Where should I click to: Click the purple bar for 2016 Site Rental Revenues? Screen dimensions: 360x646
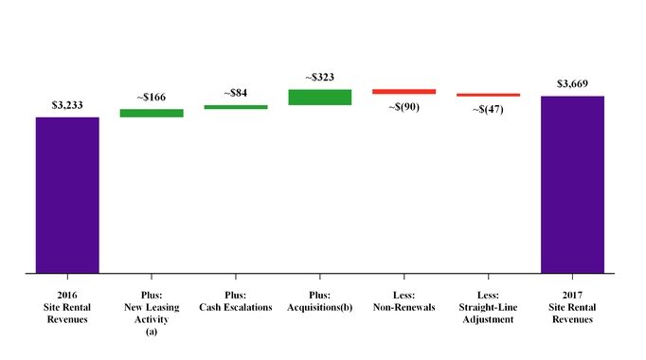pos(67,195)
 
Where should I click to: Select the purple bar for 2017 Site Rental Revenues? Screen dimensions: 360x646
pos(572,185)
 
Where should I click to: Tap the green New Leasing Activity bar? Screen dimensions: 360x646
pos(152,114)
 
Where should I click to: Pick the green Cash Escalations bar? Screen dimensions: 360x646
pos(236,107)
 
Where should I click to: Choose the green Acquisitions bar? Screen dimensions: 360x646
pos(320,97)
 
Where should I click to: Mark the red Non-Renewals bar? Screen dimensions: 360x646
pos(404,92)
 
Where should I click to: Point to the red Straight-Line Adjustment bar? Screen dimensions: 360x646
pos(488,95)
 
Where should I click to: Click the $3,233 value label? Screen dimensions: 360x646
pos(67,106)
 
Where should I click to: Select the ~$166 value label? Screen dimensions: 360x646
pos(152,99)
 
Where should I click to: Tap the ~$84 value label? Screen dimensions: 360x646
pos(236,94)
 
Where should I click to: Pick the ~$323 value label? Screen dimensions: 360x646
pos(320,78)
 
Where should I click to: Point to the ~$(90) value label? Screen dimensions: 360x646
pos(404,106)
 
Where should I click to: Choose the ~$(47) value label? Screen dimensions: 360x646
pos(488,109)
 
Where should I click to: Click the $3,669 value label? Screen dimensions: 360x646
pos(572,84)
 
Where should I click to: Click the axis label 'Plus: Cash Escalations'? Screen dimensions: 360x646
pos(236,301)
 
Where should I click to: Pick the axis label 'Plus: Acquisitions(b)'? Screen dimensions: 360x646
pos(320,301)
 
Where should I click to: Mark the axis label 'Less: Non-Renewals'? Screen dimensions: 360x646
pos(404,301)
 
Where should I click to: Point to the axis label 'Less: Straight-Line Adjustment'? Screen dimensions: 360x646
pos(488,307)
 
